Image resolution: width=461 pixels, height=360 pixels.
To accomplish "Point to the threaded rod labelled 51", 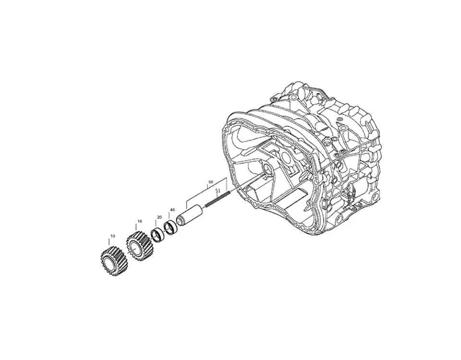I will click(218, 198).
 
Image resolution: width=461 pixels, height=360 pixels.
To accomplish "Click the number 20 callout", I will click(159, 217).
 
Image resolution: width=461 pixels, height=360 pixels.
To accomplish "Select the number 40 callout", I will click(172, 210).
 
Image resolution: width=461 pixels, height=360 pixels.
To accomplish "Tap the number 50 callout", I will click(210, 183).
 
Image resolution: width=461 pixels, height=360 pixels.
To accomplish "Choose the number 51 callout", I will click(218, 191).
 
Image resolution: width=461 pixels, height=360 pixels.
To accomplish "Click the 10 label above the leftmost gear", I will click(112, 236).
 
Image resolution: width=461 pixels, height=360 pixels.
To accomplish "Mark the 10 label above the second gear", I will click(139, 221).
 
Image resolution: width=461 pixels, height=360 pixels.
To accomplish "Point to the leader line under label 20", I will click(159, 224).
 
